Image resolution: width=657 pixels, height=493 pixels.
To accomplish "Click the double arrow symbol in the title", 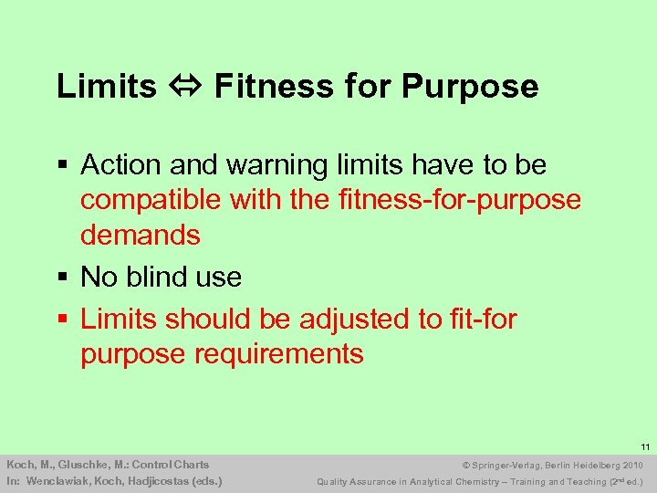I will tap(185, 87).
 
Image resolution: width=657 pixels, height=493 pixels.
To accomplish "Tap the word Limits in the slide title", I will tap(107, 87).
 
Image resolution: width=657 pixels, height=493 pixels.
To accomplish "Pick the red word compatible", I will tap(151, 199).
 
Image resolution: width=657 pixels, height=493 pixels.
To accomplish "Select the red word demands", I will tap(141, 235).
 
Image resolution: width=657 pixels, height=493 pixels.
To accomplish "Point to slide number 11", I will tap(644, 447).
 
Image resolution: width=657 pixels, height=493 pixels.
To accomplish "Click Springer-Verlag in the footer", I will tap(499, 465).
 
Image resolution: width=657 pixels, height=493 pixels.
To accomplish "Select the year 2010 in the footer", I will tap(631, 465).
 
